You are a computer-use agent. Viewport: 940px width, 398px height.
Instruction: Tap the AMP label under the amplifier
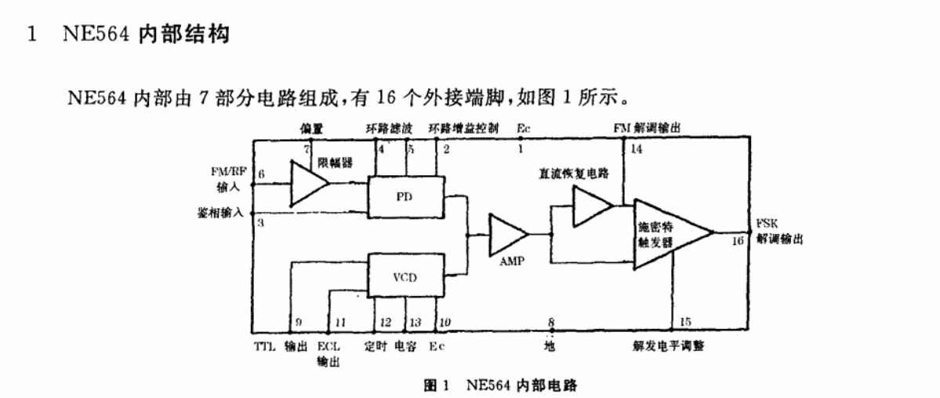511,261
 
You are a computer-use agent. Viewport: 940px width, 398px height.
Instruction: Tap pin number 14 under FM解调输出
636,149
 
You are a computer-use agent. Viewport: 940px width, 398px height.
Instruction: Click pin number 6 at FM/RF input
261,173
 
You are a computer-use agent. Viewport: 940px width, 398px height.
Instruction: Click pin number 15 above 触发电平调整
686,322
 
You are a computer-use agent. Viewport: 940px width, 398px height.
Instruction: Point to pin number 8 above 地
551,322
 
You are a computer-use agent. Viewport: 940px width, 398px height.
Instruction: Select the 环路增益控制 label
463,127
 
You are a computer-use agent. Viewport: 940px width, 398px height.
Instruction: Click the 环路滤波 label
389,127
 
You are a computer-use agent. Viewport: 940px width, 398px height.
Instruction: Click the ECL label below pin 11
327,346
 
